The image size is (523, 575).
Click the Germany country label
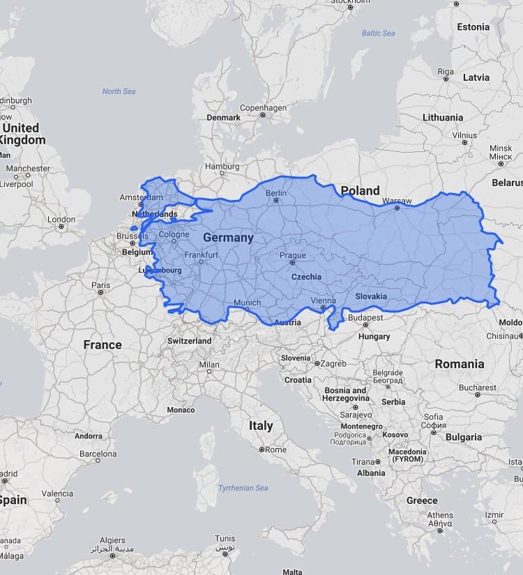point(228,238)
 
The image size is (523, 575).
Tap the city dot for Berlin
point(276,201)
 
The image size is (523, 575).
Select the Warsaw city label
point(397,201)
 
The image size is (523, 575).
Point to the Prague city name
point(293,255)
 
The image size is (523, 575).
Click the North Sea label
point(119,91)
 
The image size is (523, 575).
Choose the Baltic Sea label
point(378,33)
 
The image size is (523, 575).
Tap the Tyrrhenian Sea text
point(243,488)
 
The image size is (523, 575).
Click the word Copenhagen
point(263,108)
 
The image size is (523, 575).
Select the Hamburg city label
point(222,167)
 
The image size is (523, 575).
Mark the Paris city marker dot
point(100,293)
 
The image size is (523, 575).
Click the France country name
point(103,344)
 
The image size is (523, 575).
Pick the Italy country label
point(261,425)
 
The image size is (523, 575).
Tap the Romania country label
point(459,364)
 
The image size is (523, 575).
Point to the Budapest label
point(365,318)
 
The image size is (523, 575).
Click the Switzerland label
point(189,341)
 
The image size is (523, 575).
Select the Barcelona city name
point(98,454)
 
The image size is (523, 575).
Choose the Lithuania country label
point(442,117)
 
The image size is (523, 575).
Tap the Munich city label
point(247,302)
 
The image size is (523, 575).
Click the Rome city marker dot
point(262,450)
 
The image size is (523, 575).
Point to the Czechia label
point(306,277)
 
